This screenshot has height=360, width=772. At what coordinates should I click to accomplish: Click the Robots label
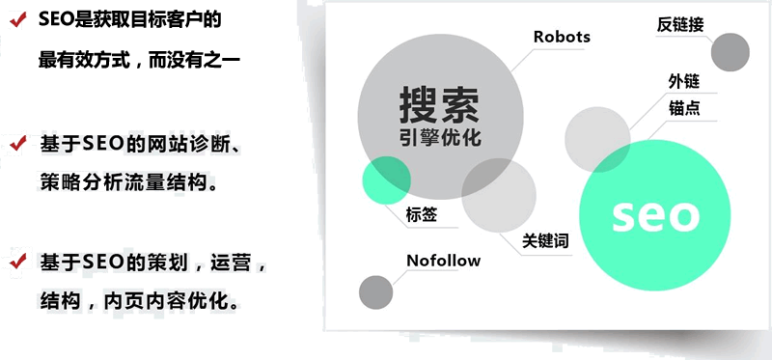(x=562, y=38)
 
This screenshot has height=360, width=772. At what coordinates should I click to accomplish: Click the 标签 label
(x=421, y=214)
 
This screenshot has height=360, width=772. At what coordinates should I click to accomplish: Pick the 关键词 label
(x=546, y=240)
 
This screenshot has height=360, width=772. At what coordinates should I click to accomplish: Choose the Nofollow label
(x=443, y=261)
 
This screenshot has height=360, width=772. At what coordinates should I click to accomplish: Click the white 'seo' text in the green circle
(x=654, y=214)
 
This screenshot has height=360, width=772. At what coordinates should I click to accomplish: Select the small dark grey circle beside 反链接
(x=730, y=52)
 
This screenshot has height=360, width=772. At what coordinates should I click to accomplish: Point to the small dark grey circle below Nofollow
(x=375, y=292)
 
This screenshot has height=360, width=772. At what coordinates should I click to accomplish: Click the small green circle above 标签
(x=386, y=180)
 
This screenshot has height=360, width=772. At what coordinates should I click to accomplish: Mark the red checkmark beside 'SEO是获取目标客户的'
(x=16, y=18)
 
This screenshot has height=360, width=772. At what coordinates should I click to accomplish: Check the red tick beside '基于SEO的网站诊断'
(x=16, y=144)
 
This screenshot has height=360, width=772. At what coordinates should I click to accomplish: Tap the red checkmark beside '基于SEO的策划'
(x=16, y=262)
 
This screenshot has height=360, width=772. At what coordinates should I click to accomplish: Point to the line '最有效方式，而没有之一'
(x=139, y=60)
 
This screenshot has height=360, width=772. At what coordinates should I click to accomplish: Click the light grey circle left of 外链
(x=597, y=139)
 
